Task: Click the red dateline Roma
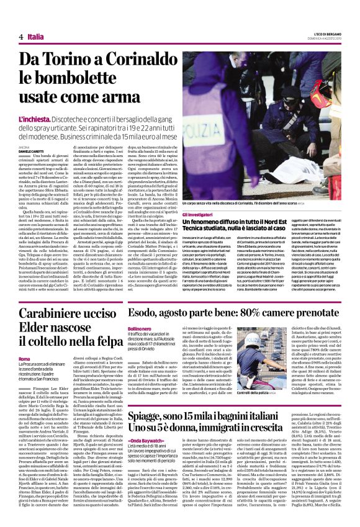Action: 25,359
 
